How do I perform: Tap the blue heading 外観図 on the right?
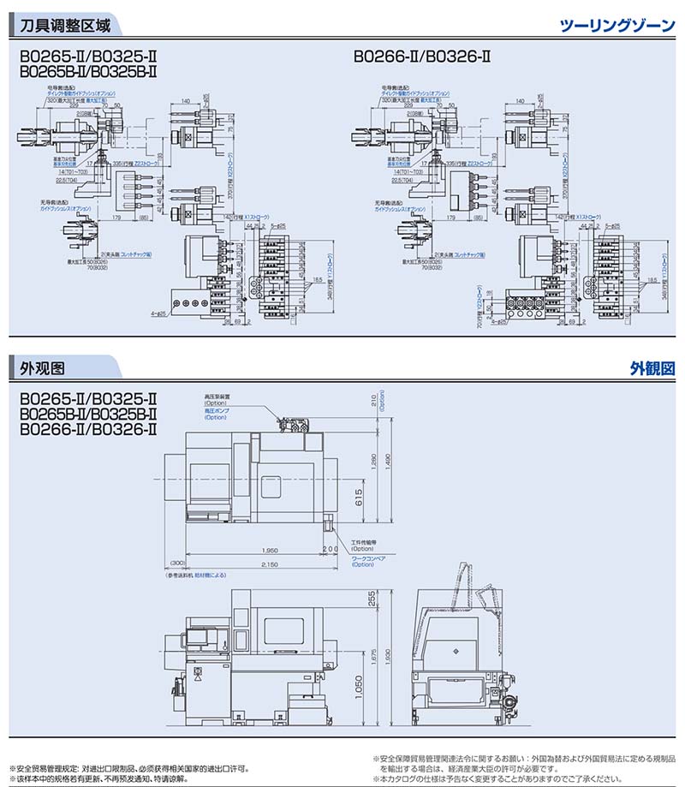(652, 368)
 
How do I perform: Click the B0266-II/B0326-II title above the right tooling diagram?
(421, 59)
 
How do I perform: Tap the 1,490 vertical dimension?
(390, 462)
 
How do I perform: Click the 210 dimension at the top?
(374, 401)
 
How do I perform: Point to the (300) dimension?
(177, 563)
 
